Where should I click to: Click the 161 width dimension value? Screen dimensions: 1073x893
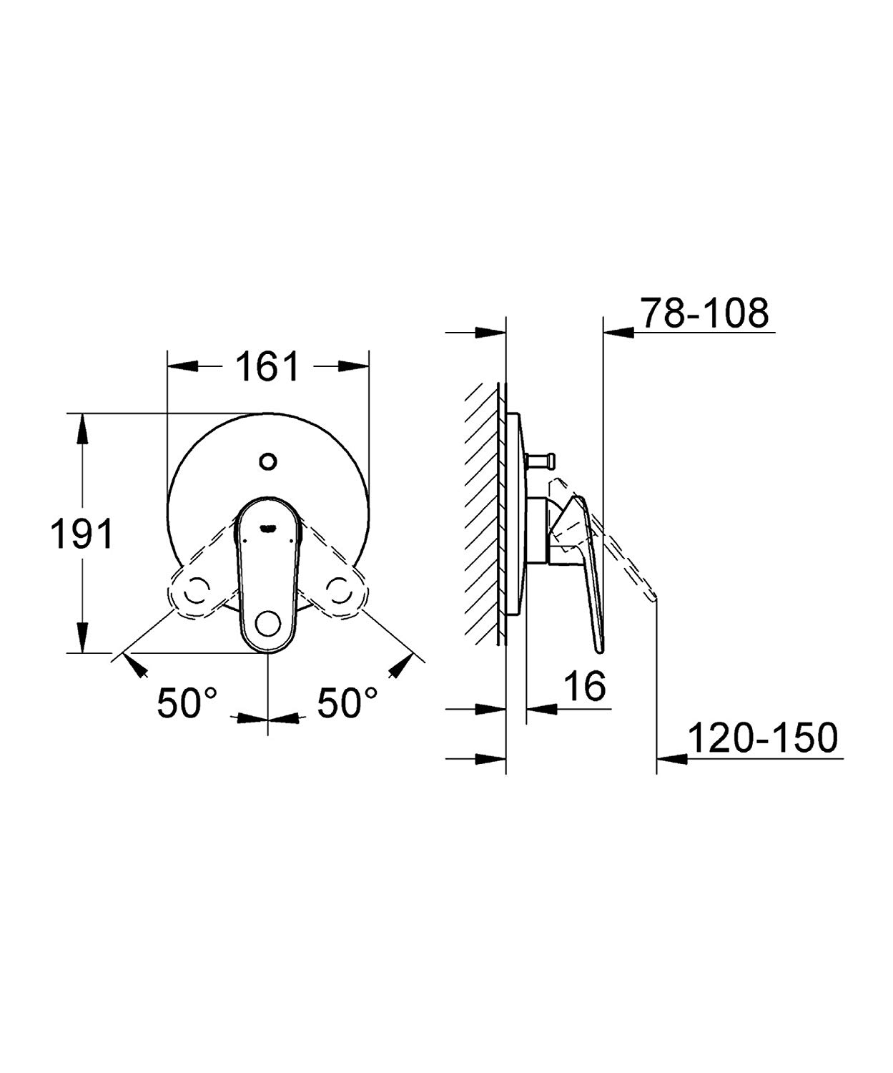click(267, 367)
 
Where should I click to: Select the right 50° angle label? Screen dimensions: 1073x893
click(348, 703)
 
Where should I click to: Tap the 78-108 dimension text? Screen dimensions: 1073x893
click(704, 313)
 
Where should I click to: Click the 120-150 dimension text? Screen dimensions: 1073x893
click(762, 738)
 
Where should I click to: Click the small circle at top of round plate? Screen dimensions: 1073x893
click(268, 461)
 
